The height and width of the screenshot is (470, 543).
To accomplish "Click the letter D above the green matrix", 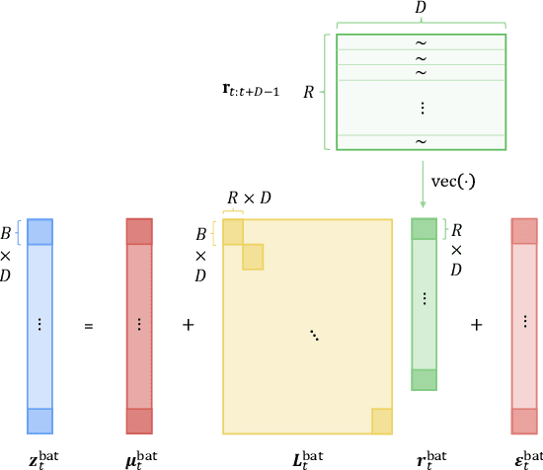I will tap(420, 9).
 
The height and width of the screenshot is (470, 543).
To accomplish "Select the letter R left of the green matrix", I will tap(308, 92).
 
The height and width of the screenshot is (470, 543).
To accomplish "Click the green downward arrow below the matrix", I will tap(423, 184).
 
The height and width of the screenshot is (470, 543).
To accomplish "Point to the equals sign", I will tap(89, 324).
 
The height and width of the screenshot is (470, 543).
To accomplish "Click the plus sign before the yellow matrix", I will tap(189, 324).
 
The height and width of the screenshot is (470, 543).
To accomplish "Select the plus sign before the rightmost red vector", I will tap(476, 324).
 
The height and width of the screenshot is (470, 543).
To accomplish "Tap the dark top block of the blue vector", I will tap(39, 231).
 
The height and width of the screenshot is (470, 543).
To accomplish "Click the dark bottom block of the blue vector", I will tap(39, 421).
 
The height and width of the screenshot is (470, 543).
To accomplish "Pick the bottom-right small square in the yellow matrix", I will tap(382, 422).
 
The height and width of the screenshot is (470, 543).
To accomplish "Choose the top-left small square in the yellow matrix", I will tap(232, 231).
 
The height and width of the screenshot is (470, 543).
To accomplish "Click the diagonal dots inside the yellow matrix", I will tap(314, 337).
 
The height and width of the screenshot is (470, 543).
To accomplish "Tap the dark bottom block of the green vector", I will tap(423, 379).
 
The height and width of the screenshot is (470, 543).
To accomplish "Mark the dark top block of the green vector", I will tap(423, 228).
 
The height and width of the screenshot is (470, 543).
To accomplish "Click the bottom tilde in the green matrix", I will tap(421, 141).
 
